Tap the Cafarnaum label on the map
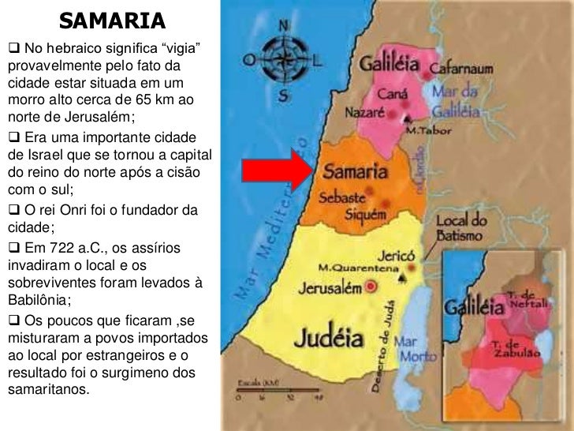pyautogui.click(x=464, y=69)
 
